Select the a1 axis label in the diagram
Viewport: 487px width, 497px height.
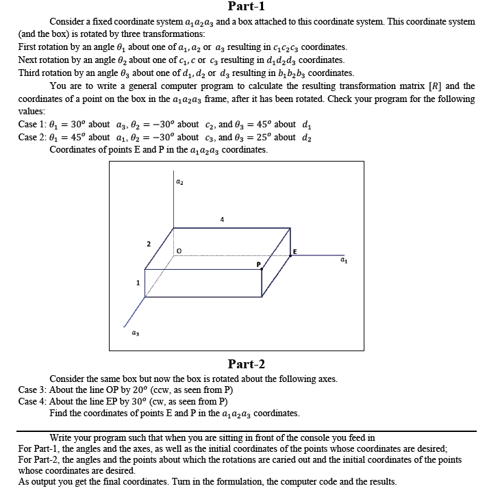tap(342, 261)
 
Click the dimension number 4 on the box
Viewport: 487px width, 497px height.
tap(222, 220)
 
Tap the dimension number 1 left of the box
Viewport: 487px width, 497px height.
tap(137, 282)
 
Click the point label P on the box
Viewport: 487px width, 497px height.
tap(259, 264)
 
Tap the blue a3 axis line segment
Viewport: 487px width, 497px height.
tap(134, 316)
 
